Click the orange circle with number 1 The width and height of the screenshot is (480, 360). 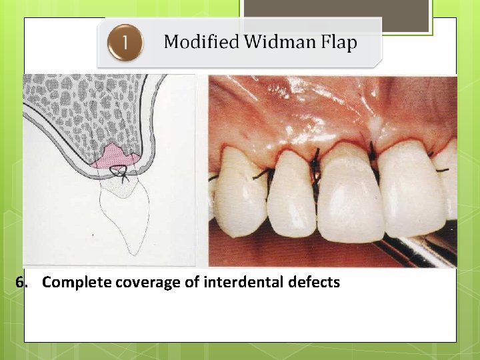tap(125, 44)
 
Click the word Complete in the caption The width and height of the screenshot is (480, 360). tap(77, 283)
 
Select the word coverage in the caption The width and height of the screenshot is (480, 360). tap(147, 283)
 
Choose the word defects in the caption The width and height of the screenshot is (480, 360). tap(314, 283)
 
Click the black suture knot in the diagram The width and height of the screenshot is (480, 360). tap(121, 173)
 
